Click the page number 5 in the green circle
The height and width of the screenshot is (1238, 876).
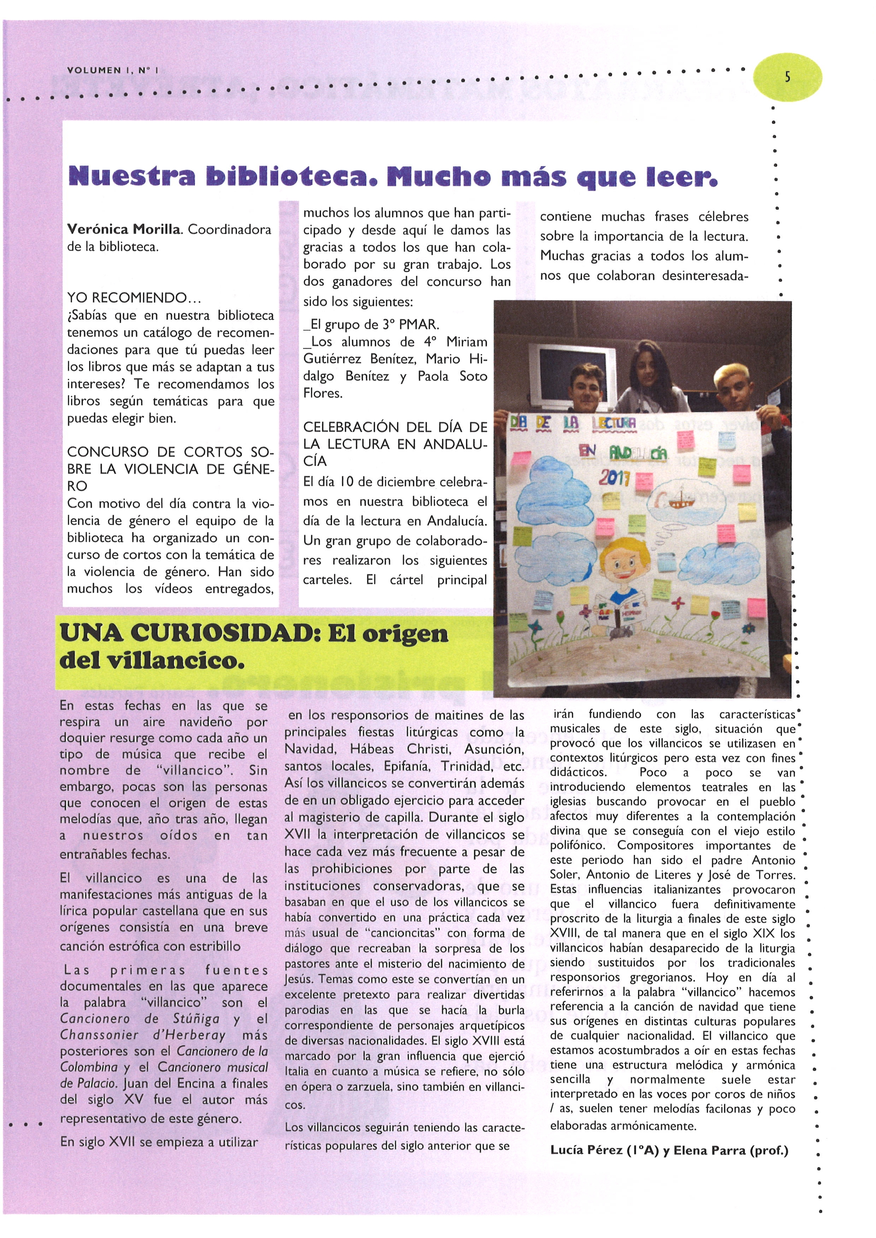tap(787, 77)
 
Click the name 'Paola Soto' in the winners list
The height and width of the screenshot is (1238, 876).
tap(452, 376)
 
